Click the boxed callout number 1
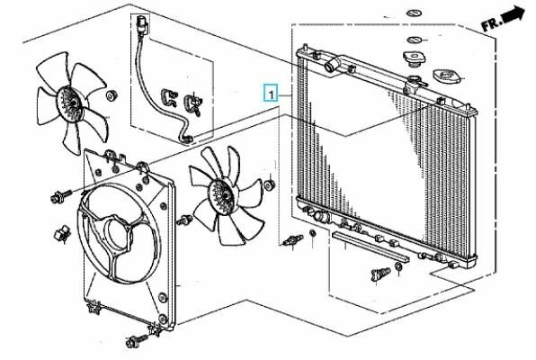coord(271,93)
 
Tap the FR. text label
coord(491,24)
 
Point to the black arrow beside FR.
coord(514,15)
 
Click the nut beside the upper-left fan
coord(112,95)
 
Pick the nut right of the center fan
coord(270,184)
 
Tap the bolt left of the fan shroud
coord(60,196)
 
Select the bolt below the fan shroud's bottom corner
coord(136,340)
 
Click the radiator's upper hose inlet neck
coord(333,64)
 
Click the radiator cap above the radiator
coord(414,58)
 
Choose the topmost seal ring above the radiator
coord(415,13)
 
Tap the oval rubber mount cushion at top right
coord(446,76)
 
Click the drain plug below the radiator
coord(380,274)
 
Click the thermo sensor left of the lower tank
coord(293,240)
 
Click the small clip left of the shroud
coord(62,234)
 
